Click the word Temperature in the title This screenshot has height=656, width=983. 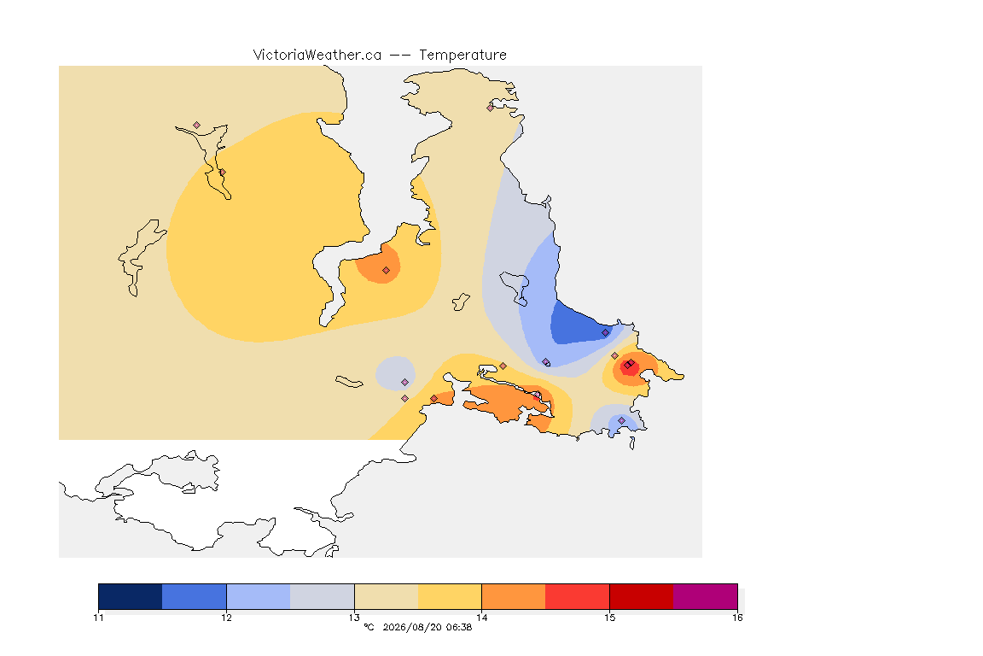[462, 56]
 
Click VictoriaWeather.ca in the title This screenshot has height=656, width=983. [317, 56]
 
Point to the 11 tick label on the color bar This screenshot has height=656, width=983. [98, 618]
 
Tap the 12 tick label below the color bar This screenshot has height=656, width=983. [226, 618]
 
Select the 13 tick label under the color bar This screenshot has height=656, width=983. [354, 618]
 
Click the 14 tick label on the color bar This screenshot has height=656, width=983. [481, 618]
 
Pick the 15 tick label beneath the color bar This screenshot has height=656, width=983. [609, 618]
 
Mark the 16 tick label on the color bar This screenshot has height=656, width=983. [737, 618]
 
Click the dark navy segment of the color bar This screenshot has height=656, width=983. [131, 596]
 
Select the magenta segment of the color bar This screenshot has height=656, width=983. [706, 596]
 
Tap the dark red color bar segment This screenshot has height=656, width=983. [642, 596]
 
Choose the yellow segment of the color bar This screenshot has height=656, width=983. [450, 596]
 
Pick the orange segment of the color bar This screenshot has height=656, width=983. [514, 596]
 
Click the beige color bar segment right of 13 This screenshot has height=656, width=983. [387, 596]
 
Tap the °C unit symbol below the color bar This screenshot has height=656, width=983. [369, 627]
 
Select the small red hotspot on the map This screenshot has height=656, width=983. [629, 366]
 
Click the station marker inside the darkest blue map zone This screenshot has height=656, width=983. [605, 333]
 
